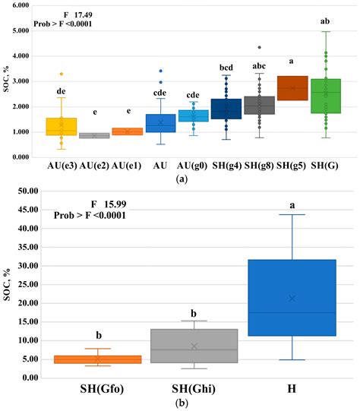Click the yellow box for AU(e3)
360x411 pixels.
(61, 126)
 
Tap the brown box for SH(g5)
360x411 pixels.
(292, 88)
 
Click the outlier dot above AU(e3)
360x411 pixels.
(62, 74)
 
